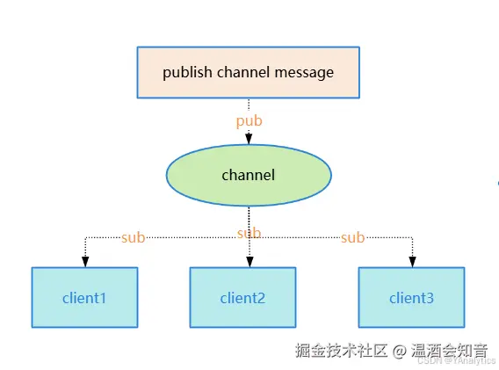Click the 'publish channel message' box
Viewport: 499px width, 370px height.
tap(249, 72)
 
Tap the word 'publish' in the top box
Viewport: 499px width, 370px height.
tap(185, 72)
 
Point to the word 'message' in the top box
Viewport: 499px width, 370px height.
tap(305, 72)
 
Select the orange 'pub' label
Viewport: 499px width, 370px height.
tap(249, 121)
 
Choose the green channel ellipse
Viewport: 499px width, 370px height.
tap(249, 175)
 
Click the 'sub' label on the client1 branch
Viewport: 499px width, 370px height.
tap(133, 237)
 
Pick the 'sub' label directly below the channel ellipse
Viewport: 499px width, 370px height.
tap(249, 234)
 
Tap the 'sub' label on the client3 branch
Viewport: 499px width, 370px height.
tap(352, 237)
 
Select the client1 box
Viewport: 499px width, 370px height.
tap(84, 298)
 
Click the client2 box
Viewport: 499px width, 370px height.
tap(242, 298)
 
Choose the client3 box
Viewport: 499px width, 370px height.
tap(411, 298)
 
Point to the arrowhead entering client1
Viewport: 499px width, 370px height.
tap(84, 262)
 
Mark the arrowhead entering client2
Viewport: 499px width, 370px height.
tap(249, 262)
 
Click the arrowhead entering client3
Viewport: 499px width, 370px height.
tap(411, 262)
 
